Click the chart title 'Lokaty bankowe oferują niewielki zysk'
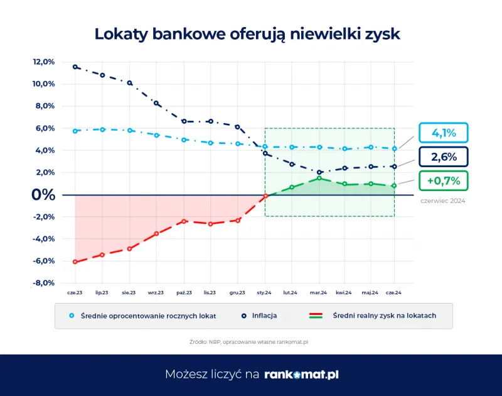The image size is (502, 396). point(247,34)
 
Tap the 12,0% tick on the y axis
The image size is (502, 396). point(44,62)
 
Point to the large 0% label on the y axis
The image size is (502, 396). point(43,195)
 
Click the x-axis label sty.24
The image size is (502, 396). point(265,293)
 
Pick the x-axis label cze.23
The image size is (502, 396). point(75,293)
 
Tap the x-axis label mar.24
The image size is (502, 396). point(319,293)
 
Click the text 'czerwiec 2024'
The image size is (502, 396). point(443,201)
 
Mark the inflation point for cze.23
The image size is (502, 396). point(75,67)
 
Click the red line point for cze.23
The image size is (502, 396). point(75,261)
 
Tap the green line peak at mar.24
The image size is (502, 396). point(319,178)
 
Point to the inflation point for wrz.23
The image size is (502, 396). point(156,103)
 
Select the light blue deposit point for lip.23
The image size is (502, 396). point(102,129)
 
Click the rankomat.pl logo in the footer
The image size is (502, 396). point(301,374)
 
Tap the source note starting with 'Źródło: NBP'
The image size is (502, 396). point(250,341)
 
